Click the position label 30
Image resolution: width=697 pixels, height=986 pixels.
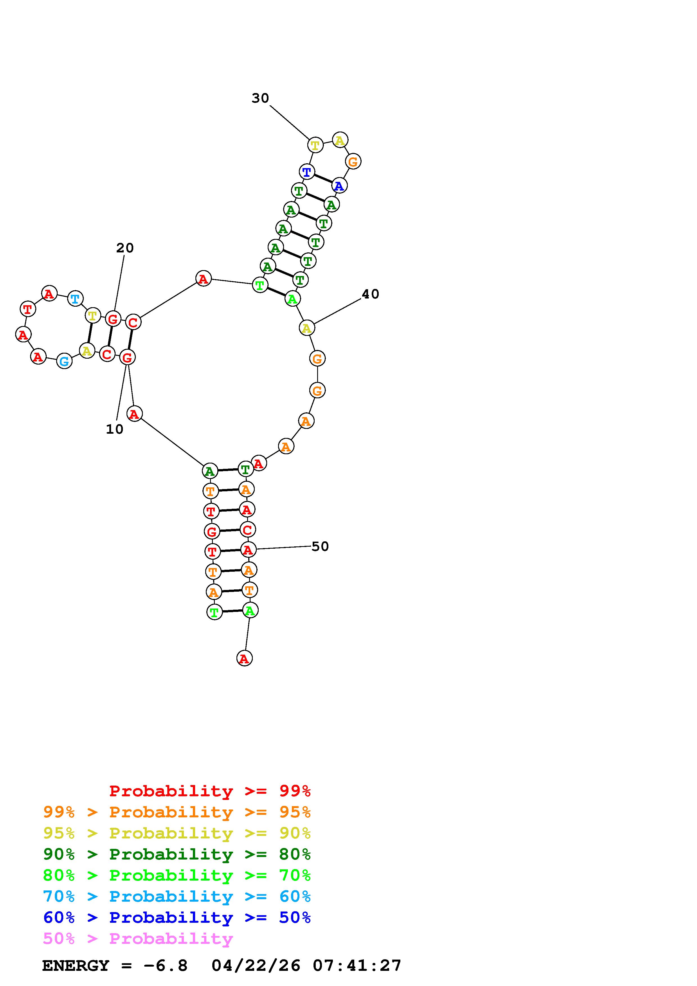[260, 98]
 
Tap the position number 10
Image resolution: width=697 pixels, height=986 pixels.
[115, 429]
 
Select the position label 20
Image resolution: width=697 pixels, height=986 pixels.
[125, 248]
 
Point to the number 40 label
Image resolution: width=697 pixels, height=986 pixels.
[370, 294]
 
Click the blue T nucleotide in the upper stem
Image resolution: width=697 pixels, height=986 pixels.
[307, 172]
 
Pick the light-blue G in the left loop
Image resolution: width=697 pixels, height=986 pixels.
[64, 361]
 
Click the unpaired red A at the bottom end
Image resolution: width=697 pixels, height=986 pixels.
[244, 658]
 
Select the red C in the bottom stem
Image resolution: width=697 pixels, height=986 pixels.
[247, 530]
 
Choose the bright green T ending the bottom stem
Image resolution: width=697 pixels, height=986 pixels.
[214, 612]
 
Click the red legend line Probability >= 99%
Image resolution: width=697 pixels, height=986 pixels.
[210, 791]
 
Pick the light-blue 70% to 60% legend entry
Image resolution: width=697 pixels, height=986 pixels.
[177, 897]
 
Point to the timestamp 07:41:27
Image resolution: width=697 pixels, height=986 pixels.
[357, 966]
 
